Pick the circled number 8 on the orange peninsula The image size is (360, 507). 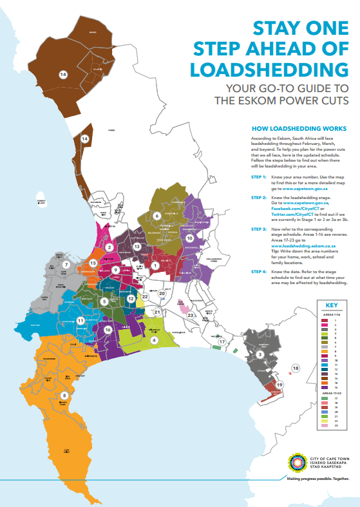pyautogui.click(x=64, y=396)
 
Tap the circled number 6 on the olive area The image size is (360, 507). pyautogui.click(x=156, y=215)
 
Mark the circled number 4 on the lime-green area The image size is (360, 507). pyautogui.click(x=154, y=340)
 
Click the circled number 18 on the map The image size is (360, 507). pyautogui.click(x=296, y=368)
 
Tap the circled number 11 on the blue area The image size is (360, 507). pyautogui.click(x=81, y=320)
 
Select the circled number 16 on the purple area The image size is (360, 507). pyautogui.click(x=108, y=329)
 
